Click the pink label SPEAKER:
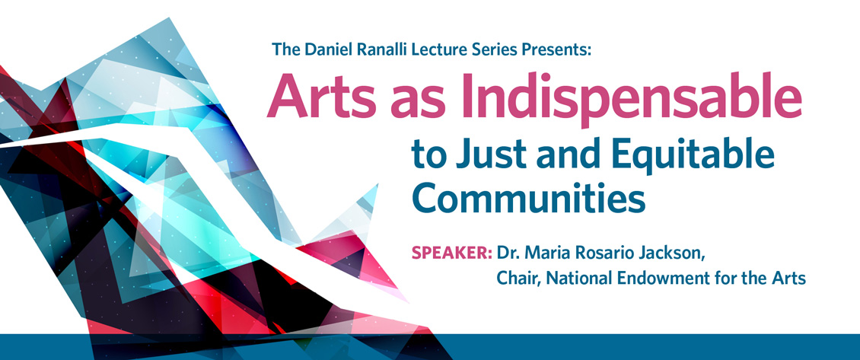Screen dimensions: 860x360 click(452, 253)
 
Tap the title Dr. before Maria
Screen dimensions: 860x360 click(508, 253)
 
